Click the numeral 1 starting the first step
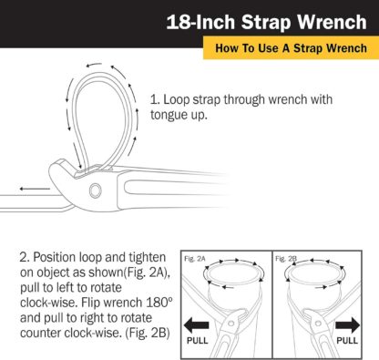point(155,96)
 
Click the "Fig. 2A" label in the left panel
point(195,258)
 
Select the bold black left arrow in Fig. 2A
point(197,324)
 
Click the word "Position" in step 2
point(51,252)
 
